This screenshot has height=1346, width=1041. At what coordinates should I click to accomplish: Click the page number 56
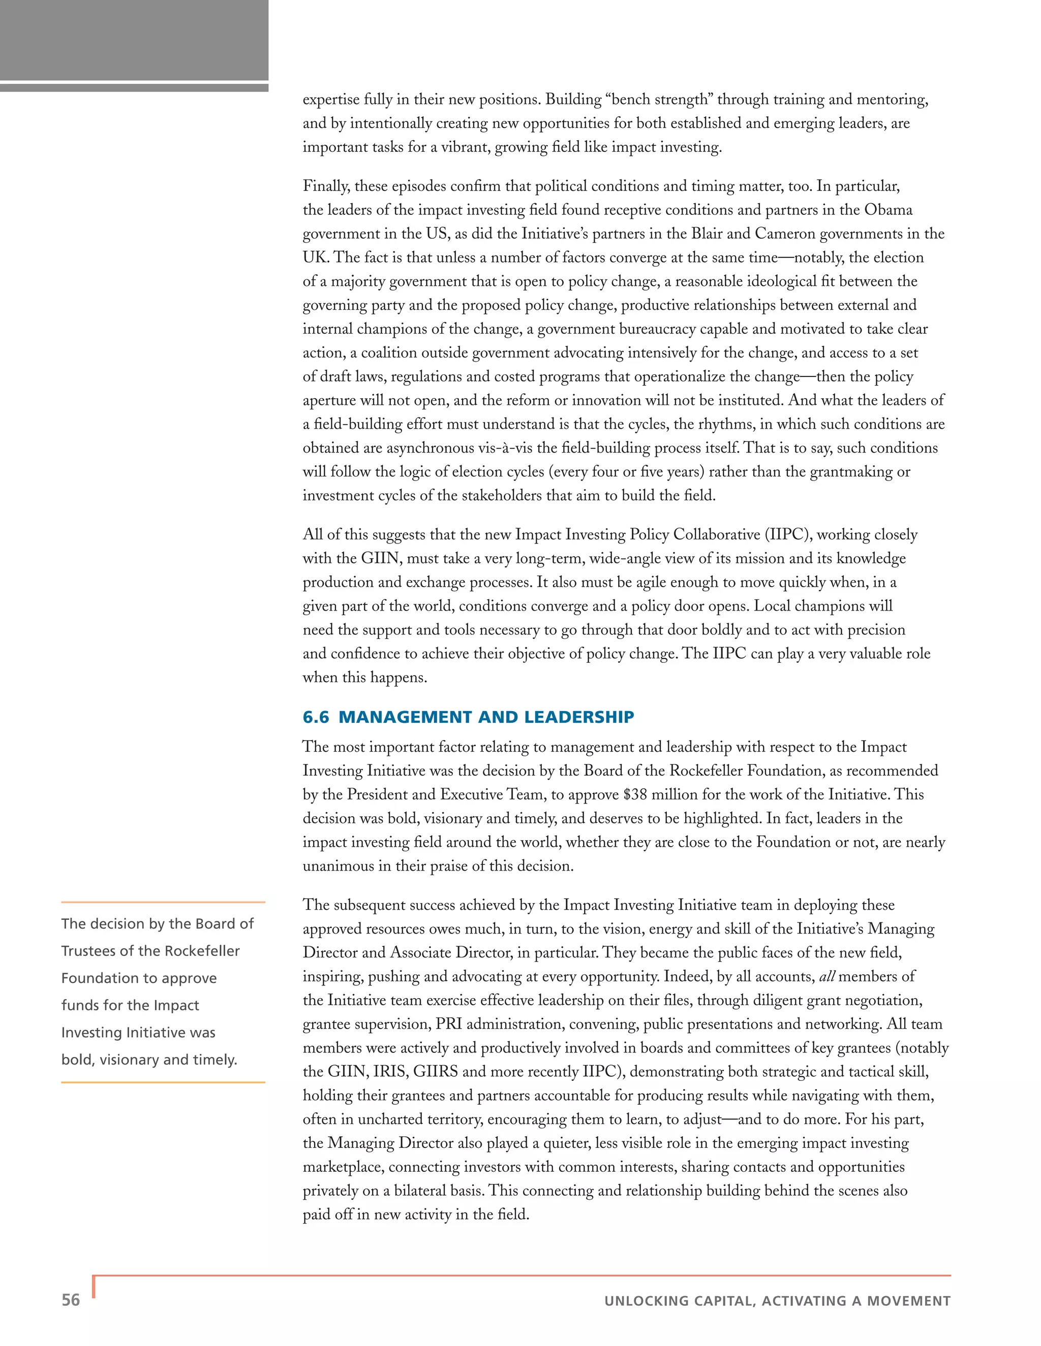tap(71, 1300)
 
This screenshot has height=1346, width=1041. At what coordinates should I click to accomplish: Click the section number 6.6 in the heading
tap(316, 717)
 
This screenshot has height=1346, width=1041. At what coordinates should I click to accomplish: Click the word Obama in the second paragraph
tap(888, 210)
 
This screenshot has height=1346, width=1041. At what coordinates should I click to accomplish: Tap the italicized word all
tap(826, 976)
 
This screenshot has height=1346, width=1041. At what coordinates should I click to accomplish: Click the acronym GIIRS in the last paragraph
tap(436, 1071)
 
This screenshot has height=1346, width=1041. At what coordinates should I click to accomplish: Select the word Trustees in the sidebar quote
tap(89, 951)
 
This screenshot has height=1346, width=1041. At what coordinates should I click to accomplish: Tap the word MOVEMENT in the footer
tap(908, 1301)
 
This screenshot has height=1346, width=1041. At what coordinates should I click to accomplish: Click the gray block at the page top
tap(134, 40)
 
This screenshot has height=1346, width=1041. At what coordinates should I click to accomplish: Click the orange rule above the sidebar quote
tap(163, 902)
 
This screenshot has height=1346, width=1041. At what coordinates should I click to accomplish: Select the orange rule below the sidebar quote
tap(163, 1082)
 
